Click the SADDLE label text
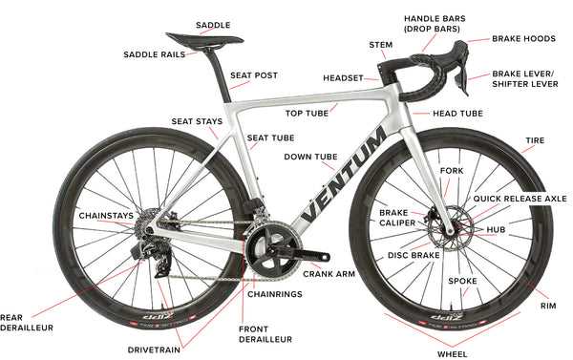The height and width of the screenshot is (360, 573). [213, 25]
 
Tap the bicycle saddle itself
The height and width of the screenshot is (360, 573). [204, 39]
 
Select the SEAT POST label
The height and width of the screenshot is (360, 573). [254, 75]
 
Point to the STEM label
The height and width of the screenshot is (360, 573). [380, 45]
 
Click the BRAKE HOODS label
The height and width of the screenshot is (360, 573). [523, 39]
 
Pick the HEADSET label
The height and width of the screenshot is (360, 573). [343, 78]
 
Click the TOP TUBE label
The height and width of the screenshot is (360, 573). [307, 114]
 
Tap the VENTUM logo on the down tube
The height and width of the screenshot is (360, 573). [343, 175]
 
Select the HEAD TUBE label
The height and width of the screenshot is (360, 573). [457, 114]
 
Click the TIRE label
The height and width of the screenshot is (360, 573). [535, 140]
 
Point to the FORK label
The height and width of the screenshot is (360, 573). [452, 171]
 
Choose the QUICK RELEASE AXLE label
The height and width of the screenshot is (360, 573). [520, 199]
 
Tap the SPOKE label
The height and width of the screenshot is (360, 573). [462, 281]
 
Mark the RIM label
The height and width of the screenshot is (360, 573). [548, 306]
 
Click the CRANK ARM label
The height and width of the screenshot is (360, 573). [329, 274]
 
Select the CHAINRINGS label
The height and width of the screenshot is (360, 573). [275, 294]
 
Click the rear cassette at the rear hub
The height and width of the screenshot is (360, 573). [145, 222]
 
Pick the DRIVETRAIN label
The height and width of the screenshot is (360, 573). [154, 349]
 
